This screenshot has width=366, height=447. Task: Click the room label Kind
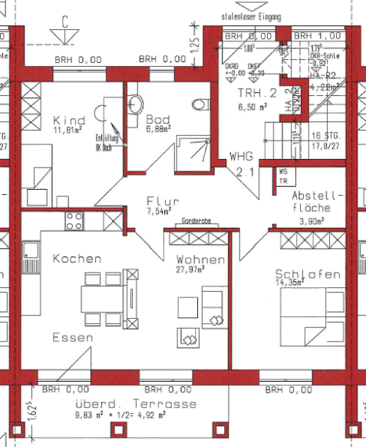pos(69,121)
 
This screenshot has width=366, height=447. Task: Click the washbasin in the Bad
pos(135,103)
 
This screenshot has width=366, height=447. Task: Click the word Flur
pos(163,200)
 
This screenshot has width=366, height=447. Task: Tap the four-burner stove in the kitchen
pos(74,222)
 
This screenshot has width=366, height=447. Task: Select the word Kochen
pos(76,259)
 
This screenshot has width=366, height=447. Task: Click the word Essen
pos(73,337)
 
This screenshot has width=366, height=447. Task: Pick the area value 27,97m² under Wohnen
pos(200,270)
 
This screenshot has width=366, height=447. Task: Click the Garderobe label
pos(197,221)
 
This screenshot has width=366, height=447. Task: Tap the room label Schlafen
pos(308,273)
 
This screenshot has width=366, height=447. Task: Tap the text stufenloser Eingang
pos(250,15)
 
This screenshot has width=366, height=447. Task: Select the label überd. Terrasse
pos(125,403)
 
